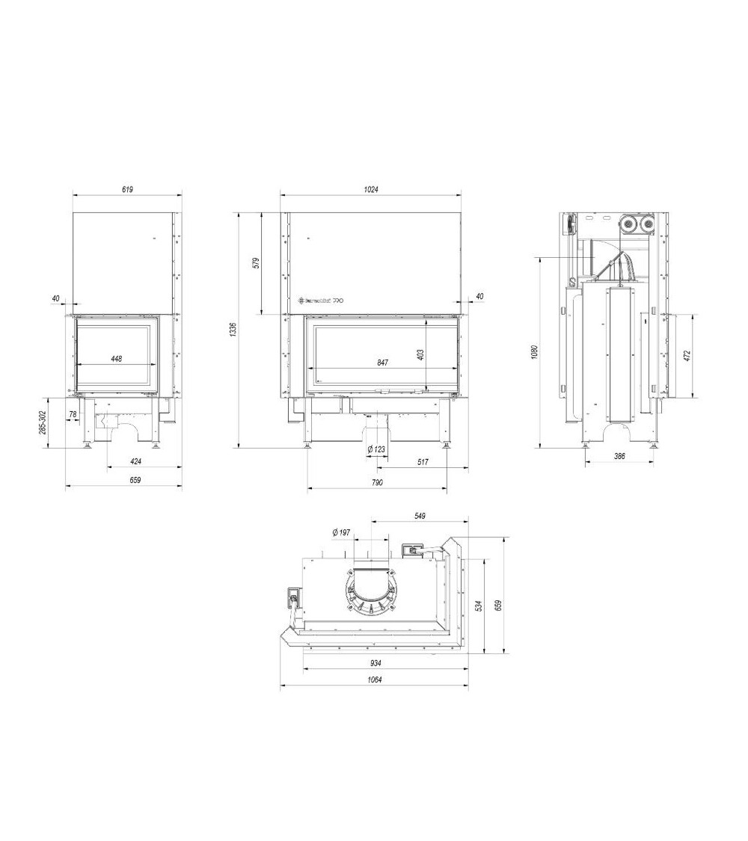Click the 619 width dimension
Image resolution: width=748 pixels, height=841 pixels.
pos(127,190)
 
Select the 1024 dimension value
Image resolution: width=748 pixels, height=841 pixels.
pos(372,190)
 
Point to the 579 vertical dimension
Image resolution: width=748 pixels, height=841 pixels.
pos(255,262)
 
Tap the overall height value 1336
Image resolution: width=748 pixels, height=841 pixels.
pos(233,329)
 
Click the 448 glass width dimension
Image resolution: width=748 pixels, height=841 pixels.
pos(116,359)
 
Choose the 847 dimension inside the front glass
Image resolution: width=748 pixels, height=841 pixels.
pos(382,362)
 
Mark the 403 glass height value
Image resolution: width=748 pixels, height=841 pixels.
pos(421,354)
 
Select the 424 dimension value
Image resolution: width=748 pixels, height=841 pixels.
pos(135,461)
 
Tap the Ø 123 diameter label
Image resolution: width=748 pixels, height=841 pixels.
pos(376,449)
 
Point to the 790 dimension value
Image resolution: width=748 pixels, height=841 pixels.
pos(376,483)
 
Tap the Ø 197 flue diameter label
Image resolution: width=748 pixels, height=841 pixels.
pos(340,532)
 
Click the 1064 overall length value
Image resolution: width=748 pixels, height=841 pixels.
pos(374,680)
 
